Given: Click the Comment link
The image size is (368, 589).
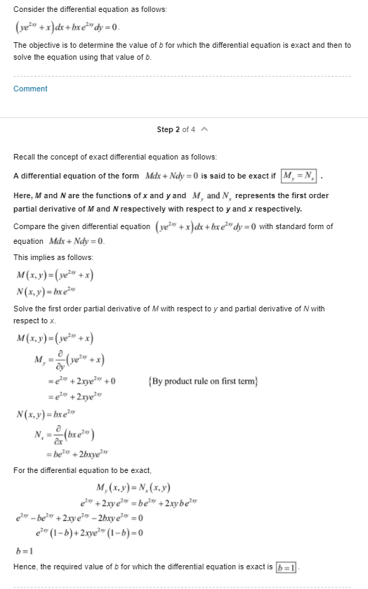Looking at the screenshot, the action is [x=30, y=89].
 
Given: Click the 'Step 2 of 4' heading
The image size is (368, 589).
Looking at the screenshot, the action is [x=176, y=129].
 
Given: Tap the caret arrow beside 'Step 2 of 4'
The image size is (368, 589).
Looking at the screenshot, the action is [x=204, y=129].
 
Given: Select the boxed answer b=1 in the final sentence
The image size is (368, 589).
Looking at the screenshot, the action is [x=286, y=567].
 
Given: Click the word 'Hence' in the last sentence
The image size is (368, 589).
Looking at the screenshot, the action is [x=25, y=567].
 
